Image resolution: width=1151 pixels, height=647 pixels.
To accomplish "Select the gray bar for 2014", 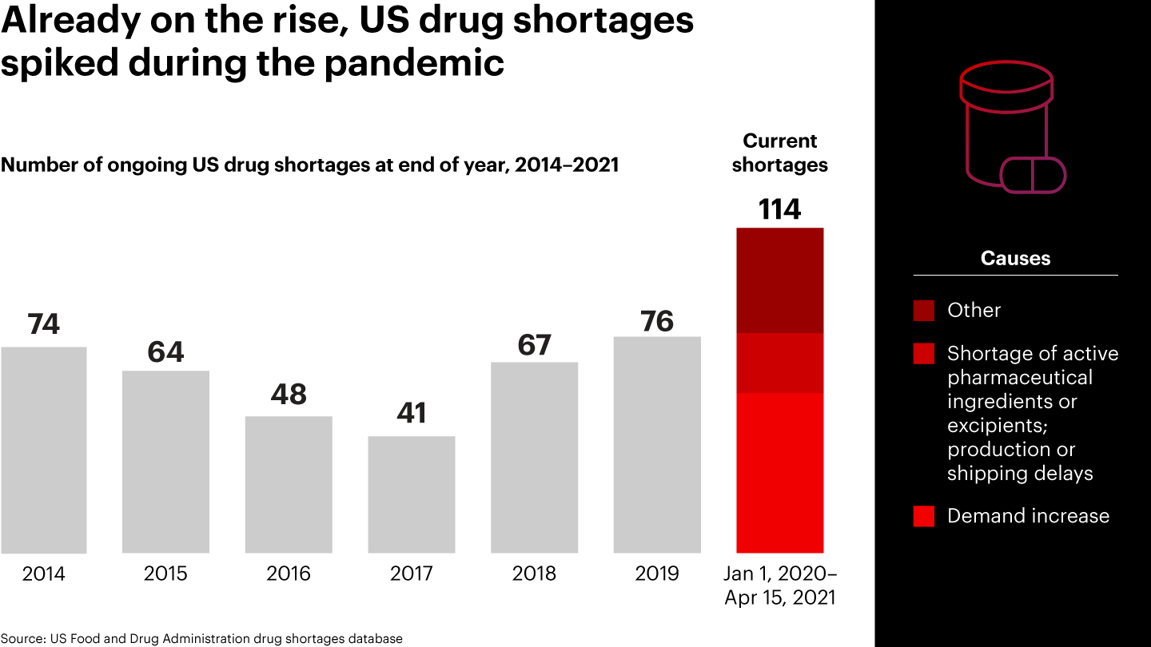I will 44,450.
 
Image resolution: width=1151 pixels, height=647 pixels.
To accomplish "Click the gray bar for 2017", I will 412,494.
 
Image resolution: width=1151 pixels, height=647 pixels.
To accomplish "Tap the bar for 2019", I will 657,444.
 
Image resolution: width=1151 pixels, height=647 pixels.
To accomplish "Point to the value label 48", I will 289,395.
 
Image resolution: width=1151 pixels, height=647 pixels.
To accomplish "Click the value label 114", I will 779,209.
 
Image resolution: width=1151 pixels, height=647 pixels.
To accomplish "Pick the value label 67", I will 534,345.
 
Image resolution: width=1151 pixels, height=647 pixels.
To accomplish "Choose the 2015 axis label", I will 165,574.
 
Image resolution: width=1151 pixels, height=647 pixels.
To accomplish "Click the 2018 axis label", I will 534,574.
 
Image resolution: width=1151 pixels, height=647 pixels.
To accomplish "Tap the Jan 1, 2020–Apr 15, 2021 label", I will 780,585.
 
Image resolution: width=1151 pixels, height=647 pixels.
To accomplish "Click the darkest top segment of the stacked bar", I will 780,280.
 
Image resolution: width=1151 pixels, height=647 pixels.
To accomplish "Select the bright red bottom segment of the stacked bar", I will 780,473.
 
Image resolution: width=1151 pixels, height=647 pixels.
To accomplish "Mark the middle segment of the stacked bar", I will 780,363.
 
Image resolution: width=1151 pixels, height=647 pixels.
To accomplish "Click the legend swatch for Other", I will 924,311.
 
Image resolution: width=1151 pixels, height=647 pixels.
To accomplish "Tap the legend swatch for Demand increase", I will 924,516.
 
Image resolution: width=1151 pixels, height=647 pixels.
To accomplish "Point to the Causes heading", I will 1015,258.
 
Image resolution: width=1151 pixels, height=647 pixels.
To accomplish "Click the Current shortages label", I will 780,153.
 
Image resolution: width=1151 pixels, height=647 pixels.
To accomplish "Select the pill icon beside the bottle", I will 1034,175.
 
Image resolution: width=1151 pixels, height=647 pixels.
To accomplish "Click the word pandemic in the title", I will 414,62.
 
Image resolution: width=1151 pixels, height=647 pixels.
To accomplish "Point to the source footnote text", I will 201,638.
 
